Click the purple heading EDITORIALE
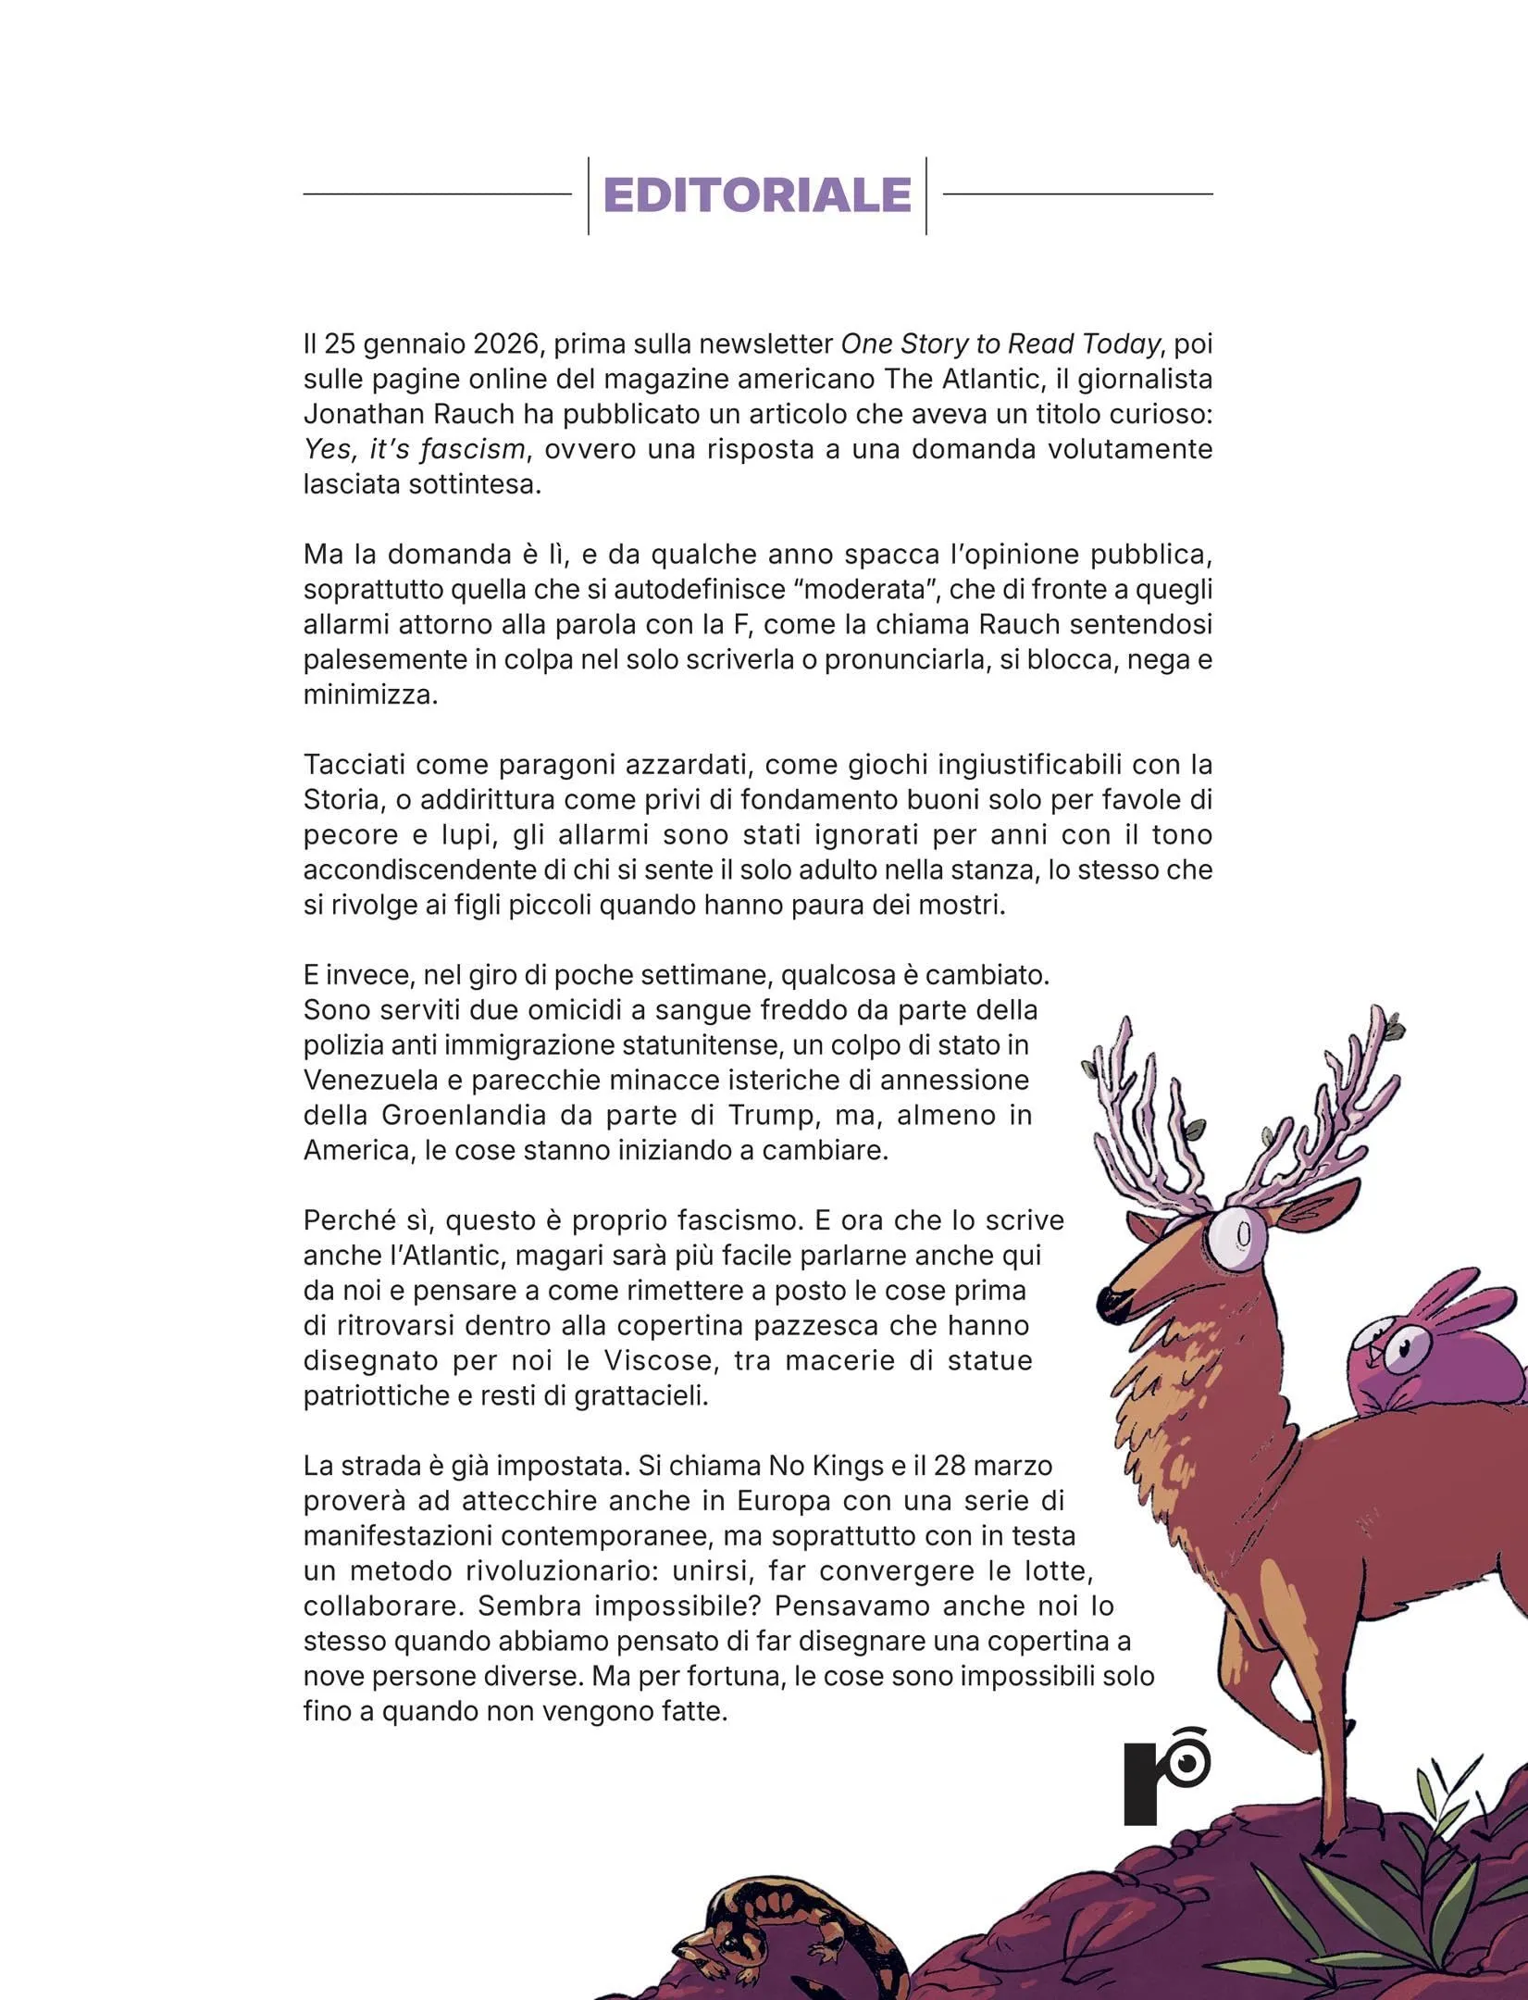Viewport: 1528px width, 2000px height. (x=757, y=195)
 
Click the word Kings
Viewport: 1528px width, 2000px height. (x=842, y=1467)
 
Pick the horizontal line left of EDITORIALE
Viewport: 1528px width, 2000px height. (x=437, y=194)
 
